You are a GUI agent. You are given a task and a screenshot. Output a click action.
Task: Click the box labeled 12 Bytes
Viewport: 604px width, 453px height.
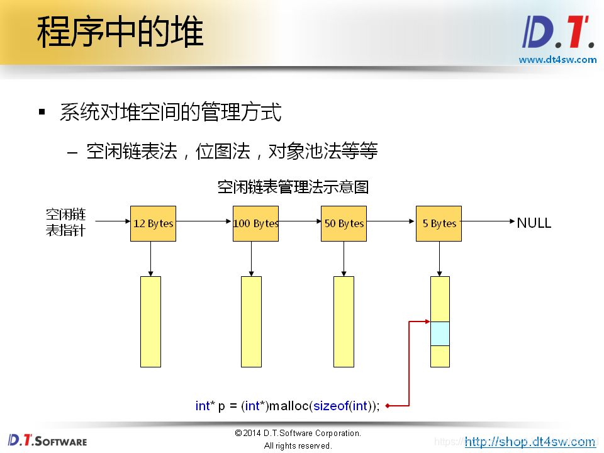pyautogui.click(x=153, y=223)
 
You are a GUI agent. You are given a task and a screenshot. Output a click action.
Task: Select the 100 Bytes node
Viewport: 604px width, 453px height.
pyautogui.click(x=255, y=223)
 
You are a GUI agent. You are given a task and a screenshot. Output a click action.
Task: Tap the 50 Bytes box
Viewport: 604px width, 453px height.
pyautogui.click(x=344, y=223)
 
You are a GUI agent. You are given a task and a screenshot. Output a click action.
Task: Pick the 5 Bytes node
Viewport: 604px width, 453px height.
pyautogui.click(x=439, y=223)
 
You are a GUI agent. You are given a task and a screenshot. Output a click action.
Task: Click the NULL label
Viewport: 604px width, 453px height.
pyautogui.click(x=534, y=223)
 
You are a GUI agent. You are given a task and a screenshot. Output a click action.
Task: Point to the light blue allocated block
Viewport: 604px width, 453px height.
pyautogui.click(x=440, y=333)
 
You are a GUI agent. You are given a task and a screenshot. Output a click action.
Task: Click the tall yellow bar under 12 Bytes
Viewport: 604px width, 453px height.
pyautogui.click(x=150, y=322)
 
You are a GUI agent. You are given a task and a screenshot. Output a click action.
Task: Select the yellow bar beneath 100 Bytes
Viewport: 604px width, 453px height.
pyautogui.click(x=251, y=322)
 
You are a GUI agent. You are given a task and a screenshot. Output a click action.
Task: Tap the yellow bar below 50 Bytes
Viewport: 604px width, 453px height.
pyautogui.click(x=344, y=322)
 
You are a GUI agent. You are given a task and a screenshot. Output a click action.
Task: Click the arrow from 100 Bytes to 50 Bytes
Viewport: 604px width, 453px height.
pyautogui.click(x=299, y=221)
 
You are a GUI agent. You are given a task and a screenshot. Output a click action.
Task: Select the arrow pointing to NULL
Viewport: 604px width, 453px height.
pyautogui.click(x=488, y=221)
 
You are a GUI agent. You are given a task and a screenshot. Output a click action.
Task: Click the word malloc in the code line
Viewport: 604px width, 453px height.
pyautogui.click(x=289, y=406)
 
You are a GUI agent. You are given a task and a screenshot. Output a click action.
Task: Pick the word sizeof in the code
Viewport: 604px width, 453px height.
pyautogui.click(x=331, y=406)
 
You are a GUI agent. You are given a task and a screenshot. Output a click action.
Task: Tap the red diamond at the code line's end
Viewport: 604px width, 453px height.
pyautogui.click(x=388, y=406)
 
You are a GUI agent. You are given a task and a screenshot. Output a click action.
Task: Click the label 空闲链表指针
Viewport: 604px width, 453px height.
pyautogui.click(x=65, y=222)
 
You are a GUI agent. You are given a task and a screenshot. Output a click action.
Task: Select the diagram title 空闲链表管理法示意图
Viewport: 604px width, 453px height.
pyautogui.click(x=293, y=187)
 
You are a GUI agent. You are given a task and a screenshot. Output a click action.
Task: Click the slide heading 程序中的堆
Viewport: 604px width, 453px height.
pyautogui.click(x=120, y=32)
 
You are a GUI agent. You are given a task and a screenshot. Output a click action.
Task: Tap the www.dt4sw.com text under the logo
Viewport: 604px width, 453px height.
pyautogui.click(x=557, y=60)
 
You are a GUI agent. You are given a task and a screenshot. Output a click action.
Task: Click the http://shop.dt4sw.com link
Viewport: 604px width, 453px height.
pyautogui.click(x=530, y=442)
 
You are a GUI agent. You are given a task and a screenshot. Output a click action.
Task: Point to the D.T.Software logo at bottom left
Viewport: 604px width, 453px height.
pyautogui.click(x=47, y=440)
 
